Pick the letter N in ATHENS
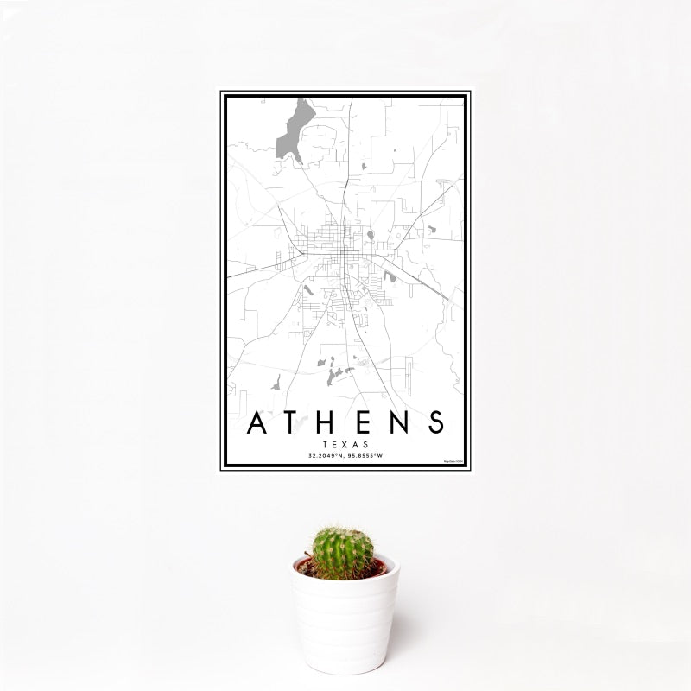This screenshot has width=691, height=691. tap(400, 422)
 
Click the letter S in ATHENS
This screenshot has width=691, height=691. tap(435, 422)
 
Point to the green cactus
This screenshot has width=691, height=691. tap(343, 553)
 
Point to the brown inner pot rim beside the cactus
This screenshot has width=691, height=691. tap(378, 567)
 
